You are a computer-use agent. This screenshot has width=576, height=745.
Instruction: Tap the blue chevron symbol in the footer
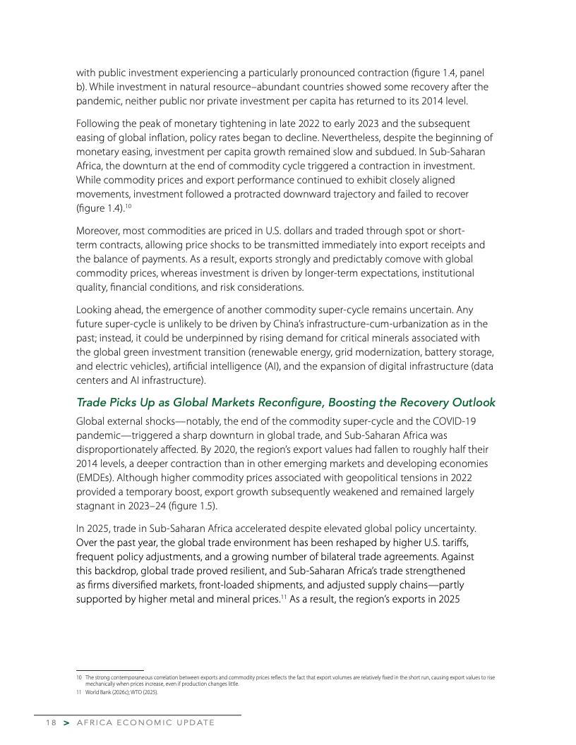coord(66,723)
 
